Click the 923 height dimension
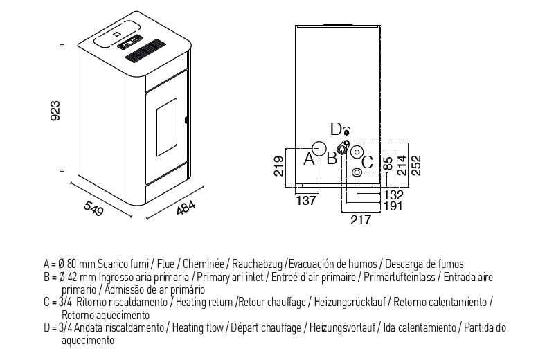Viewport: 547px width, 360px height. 55,111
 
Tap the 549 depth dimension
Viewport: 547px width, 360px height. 94,208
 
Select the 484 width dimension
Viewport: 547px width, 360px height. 186,208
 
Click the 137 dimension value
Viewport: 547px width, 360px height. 306,201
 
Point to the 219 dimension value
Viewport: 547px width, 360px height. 279,166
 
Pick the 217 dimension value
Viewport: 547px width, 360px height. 361,219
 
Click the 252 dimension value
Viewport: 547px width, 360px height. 416,165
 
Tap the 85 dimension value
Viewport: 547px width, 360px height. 388,163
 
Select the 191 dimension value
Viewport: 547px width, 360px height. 393,206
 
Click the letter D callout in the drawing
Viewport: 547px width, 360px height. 336,129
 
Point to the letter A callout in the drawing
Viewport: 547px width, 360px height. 309,159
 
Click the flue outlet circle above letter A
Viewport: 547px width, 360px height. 319,148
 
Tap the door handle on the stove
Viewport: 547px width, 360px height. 186,120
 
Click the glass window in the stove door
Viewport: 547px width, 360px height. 167,127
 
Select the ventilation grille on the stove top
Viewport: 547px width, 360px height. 145,51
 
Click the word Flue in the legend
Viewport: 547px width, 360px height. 165,263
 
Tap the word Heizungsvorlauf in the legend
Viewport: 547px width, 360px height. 342,327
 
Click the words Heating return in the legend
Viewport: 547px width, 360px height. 204,302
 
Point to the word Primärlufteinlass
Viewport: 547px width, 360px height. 400,277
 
